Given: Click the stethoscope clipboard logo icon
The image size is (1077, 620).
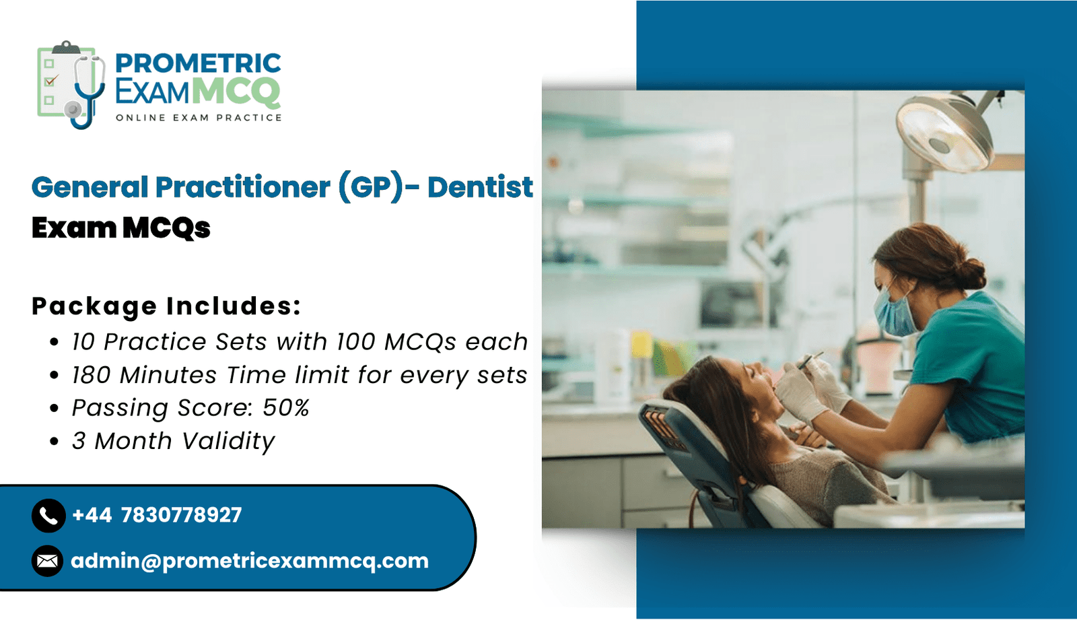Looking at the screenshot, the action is [71, 85].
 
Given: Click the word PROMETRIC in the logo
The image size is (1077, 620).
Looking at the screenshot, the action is [198, 63].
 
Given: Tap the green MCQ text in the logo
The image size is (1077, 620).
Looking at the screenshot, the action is [238, 92].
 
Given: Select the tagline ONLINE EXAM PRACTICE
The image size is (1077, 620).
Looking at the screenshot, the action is [199, 118].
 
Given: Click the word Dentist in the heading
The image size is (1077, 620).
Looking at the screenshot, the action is [481, 186].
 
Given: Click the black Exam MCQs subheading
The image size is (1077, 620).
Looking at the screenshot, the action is [120, 228].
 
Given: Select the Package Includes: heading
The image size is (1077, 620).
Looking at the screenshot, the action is [166, 306].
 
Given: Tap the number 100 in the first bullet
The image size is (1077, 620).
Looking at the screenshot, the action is [355, 341].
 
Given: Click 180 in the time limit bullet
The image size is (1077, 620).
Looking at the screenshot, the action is [92, 375].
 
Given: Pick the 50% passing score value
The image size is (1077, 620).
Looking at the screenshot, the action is [285, 408].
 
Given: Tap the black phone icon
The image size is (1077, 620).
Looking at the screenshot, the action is [48, 516].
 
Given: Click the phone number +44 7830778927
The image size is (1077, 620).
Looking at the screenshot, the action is [157, 515].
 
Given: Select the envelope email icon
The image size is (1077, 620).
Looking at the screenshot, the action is [47, 561].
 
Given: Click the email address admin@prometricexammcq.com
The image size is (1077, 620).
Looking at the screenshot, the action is [250, 561].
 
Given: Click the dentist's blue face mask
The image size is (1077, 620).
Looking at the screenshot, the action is [895, 311].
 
